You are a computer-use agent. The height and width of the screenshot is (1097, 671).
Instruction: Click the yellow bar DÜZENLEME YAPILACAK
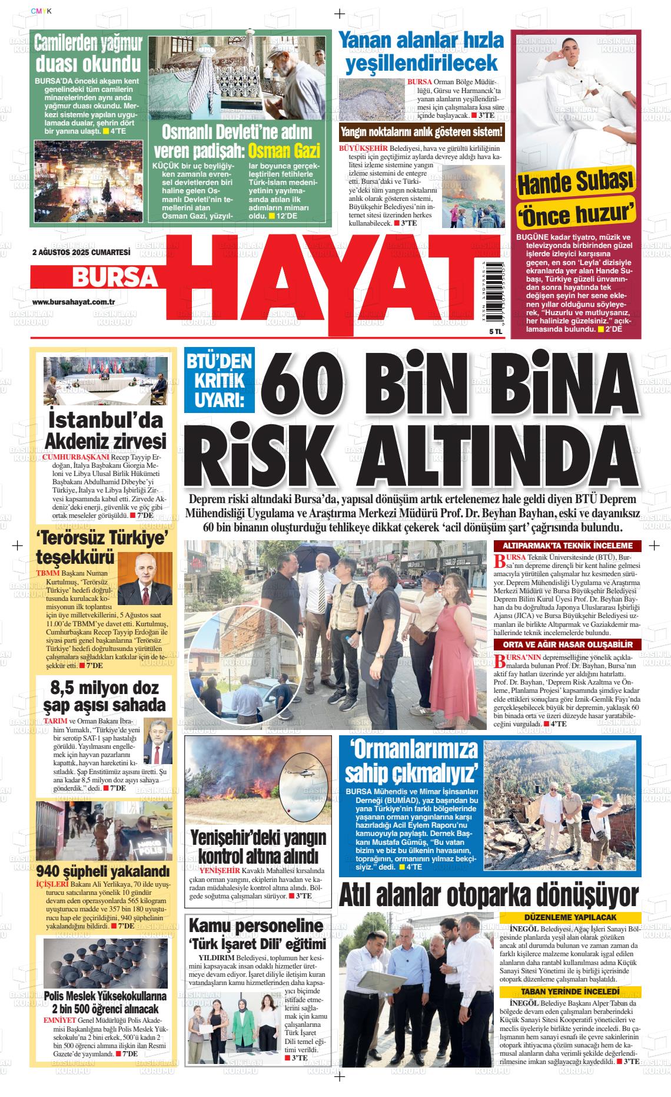coord(570,918)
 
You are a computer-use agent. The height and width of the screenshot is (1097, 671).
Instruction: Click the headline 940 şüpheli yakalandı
coord(103,871)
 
